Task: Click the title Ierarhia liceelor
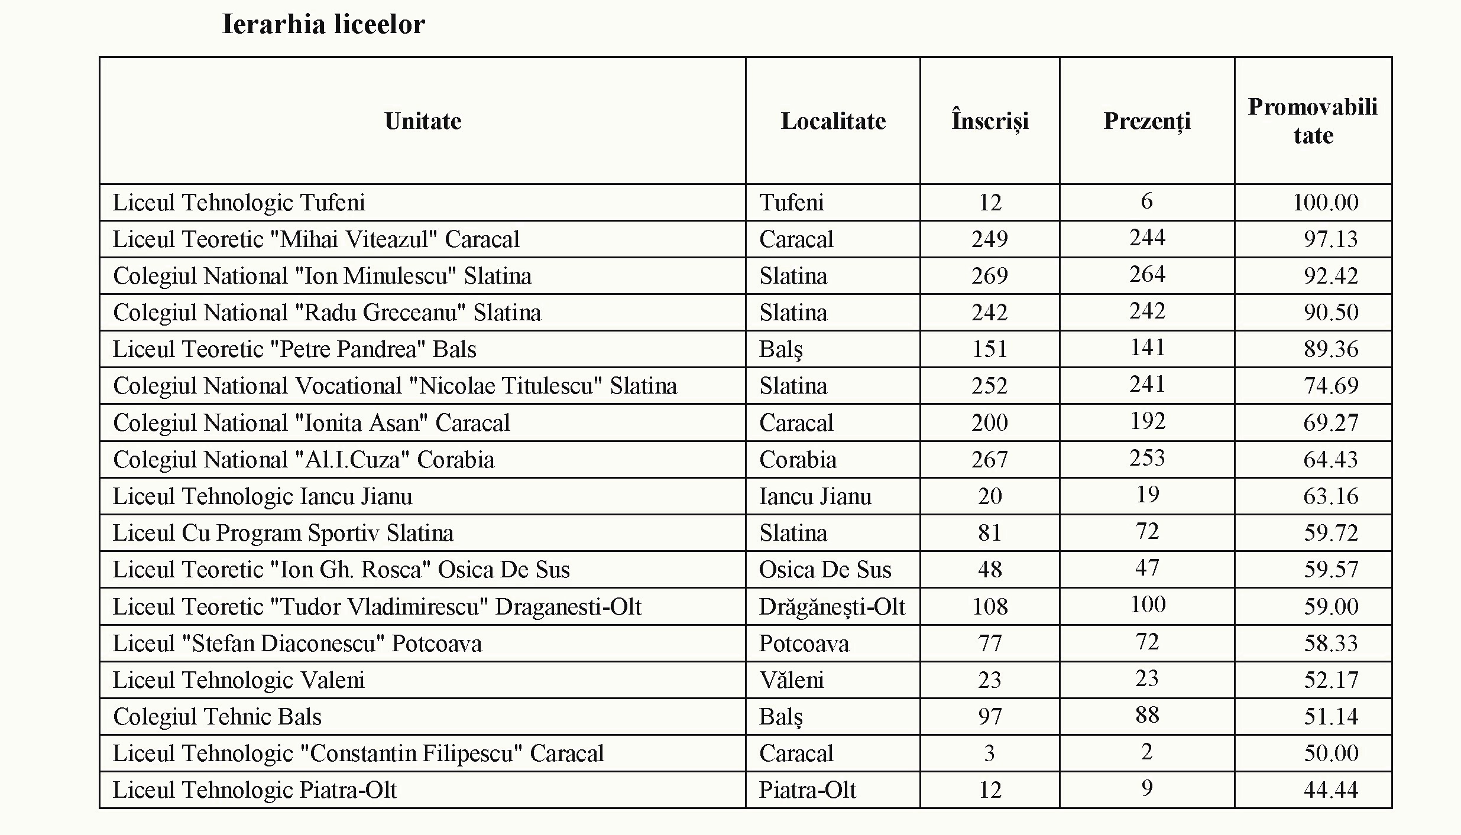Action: pyautogui.click(x=323, y=25)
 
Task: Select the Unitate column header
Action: pyautogui.click(x=423, y=121)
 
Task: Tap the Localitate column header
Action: pyautogui.click(x=833, y=121)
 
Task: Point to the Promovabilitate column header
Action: pyautogui.click(x=1313, y=121)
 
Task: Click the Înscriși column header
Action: pyautogui.click(x=990, y=121)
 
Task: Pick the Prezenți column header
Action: pyautogui.click(x=1147, y=121)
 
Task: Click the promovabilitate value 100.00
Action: pyautogui.click(x=1325, y=203)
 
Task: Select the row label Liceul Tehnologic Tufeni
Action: pyautogui.click(x=239, y=203)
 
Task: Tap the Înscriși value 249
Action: pyautogui.click(x=989, y=239)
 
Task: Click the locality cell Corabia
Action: pyautogui.click(x=798, y=460)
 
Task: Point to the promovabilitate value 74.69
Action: pyautogui.click(x=1331, y=386)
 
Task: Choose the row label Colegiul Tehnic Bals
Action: pyautogui.click(x=217, y=717)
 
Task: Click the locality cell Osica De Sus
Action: pyautogui.click(x=825, y=570)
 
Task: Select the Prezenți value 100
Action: pyautogui.click(x=1148, y=605)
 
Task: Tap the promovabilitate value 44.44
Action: pyautogui.click(x=1330, y=790)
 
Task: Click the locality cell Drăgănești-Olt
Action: pyautogui.click(x=832, y=607)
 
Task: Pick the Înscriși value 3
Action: pyautogui.click(x=989, y=753)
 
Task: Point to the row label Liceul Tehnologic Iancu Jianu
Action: pyautogui.click(x=263, y=496)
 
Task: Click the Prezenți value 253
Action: pyautogui.click(x=1147, y=458)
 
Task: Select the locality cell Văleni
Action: pyautogui.click(x=791, y=680)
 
